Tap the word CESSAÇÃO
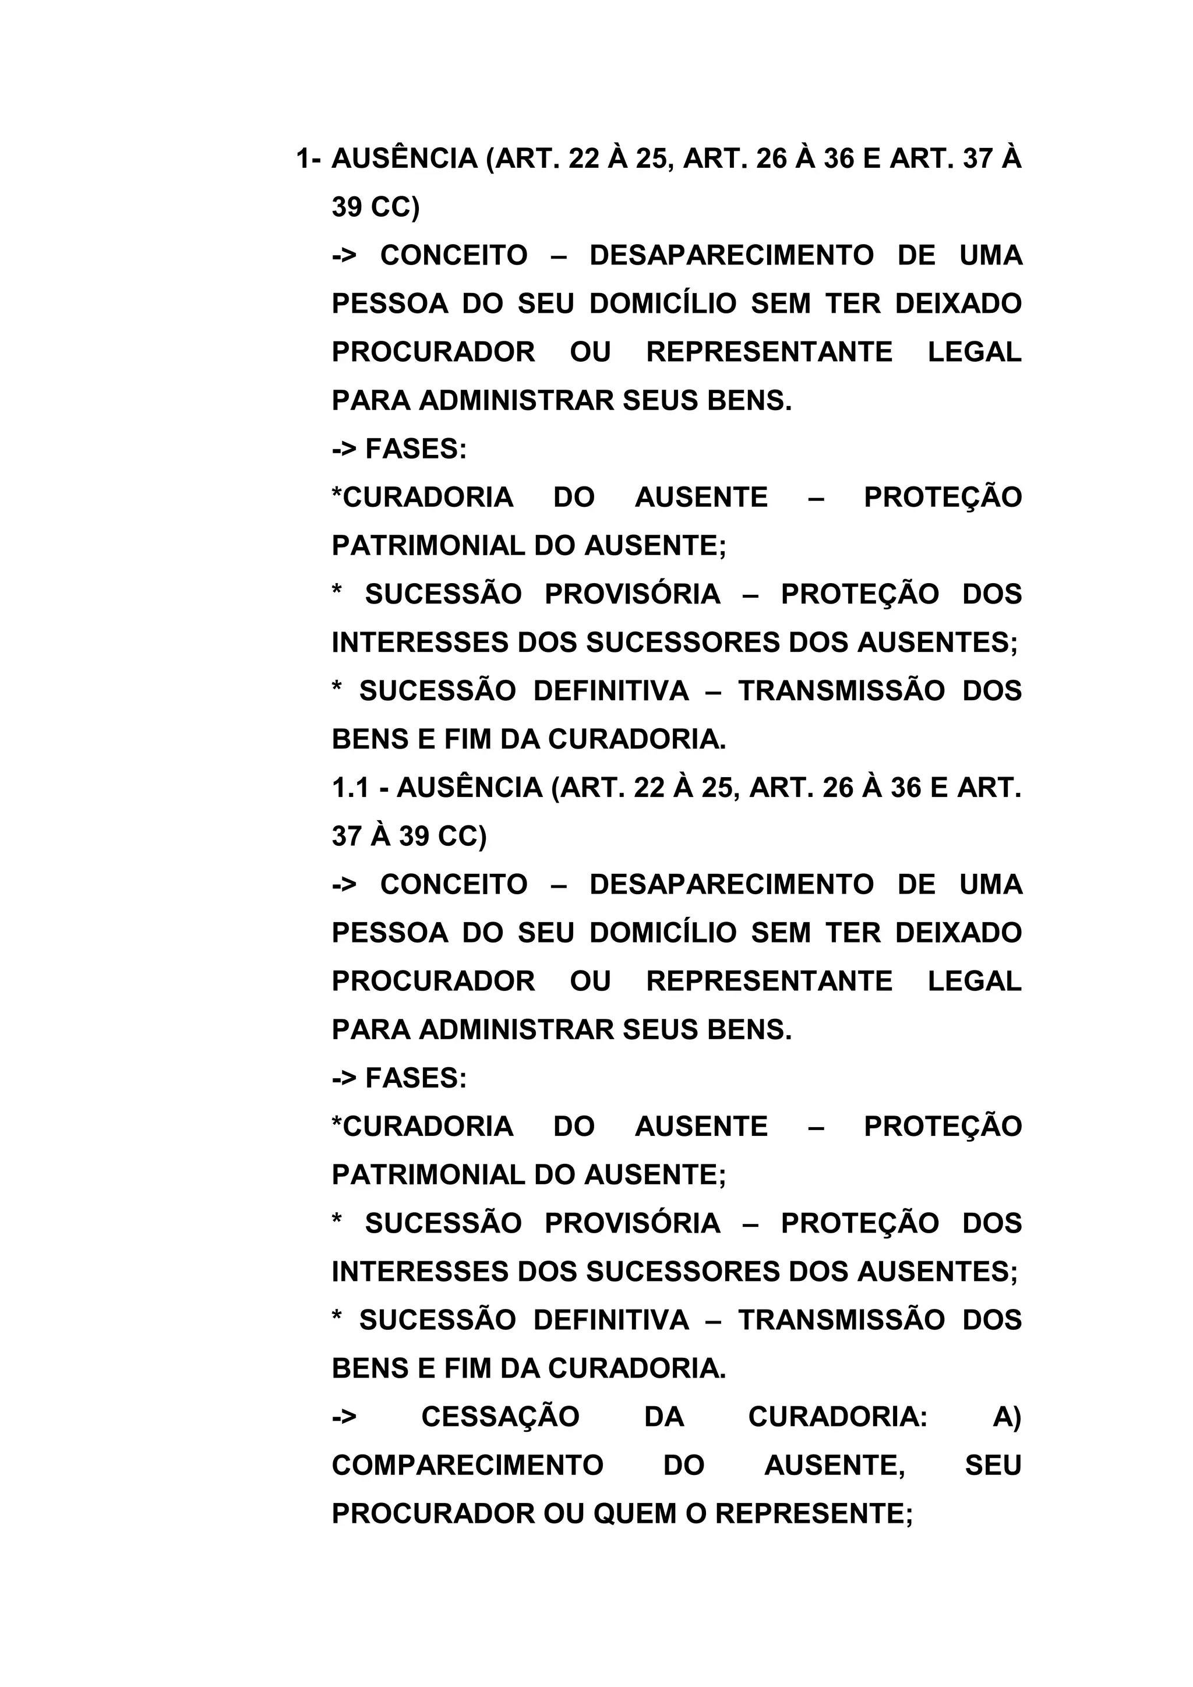click(500, 1417)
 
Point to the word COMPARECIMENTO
click(467, 1465)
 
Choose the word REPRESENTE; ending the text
click(814, 1513)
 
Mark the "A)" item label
click(1007, 1417)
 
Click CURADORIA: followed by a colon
click(838, 1417)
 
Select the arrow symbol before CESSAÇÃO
click(344, 1417)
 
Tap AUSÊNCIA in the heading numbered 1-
click(405, 158)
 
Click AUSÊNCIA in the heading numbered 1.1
click(470, 788)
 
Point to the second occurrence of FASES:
click(416, 1078)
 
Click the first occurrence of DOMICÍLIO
click(662, 303)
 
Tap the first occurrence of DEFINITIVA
click(611, 691)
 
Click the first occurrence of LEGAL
click(974, 352)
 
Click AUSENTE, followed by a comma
click(835, 1465)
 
